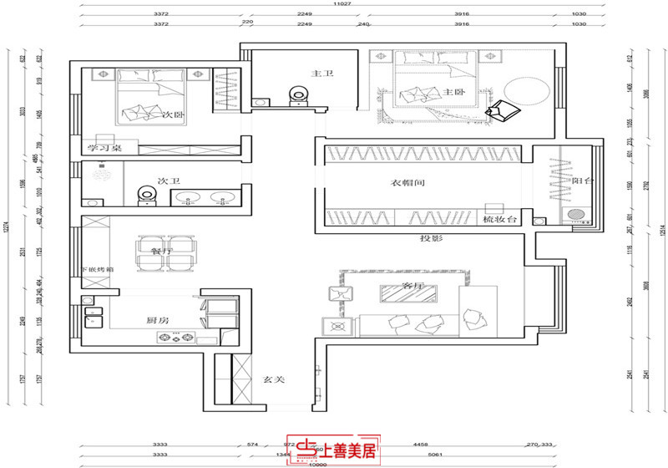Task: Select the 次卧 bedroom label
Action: coord(175,115)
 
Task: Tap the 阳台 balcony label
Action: coord(582,180)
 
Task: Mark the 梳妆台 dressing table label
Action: coord(501,219)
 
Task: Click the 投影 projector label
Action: coord(431,240)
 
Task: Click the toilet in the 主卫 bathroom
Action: coord(295,96)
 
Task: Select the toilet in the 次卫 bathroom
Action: coord(148,196)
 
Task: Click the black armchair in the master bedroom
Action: coord(503,109)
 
